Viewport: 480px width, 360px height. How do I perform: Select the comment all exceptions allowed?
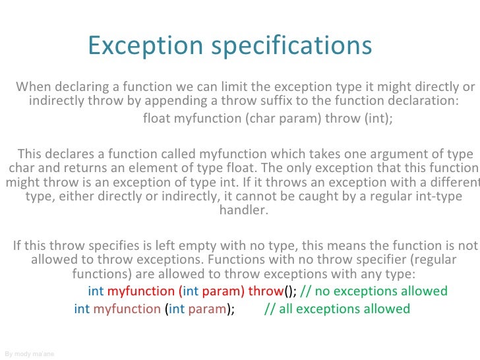click(337, 309)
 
